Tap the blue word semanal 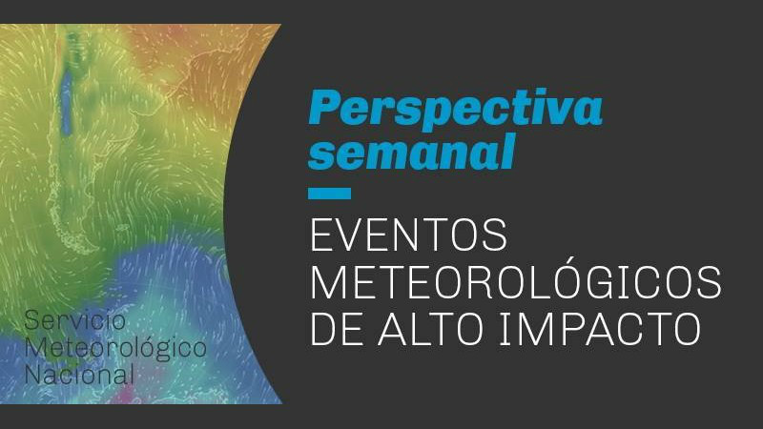(412, 152)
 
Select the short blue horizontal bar (329, 194)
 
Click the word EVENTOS (408, 235)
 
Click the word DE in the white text (337, 329)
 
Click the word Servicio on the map (75, 320)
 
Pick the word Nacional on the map (79, 375)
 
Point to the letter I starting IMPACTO (505, 329)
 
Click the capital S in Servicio (31, 320)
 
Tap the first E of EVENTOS (320, 235)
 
